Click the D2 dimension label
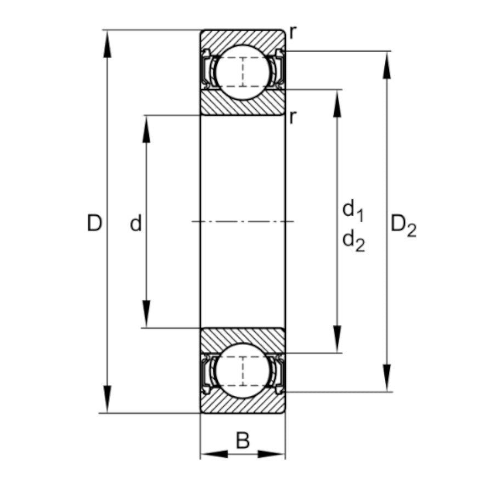[403, 225]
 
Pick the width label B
[243, 440]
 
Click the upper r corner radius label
[294, 33]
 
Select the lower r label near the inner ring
[294, 117]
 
